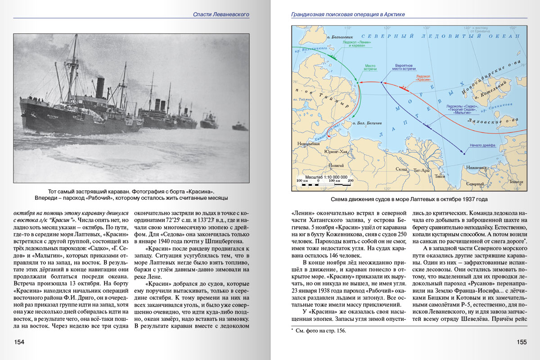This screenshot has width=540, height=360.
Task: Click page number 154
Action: [x=19, y=342]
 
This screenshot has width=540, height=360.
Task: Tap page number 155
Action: [x=521, y=342]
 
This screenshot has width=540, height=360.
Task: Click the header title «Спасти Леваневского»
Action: [x=221, y=14]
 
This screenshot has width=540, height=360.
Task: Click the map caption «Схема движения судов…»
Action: [x=409, y=199]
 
